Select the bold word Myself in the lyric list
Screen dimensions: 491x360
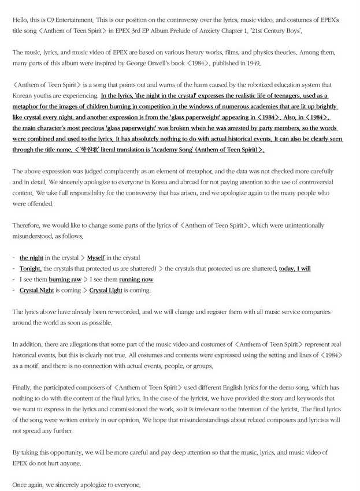[96, 258]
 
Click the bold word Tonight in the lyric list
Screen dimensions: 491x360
[31, 269]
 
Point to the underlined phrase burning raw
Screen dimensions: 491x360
[65, 280]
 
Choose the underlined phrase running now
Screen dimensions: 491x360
[136, 280]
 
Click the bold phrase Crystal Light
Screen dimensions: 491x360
[106, 291]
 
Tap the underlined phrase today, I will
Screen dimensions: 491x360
[295, 269]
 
